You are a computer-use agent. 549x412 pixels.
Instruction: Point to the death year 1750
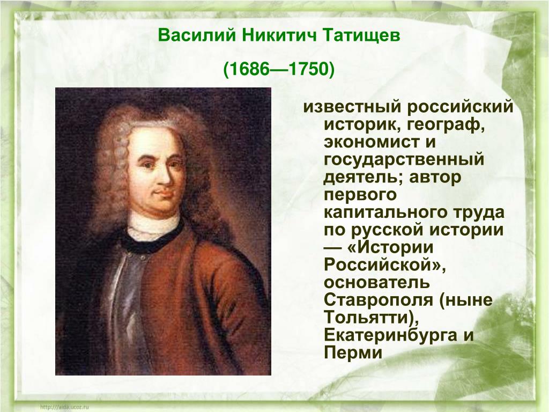point(308,69)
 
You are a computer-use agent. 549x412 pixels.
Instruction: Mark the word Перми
point(353,352)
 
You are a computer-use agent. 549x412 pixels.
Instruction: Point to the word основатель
point(377,282)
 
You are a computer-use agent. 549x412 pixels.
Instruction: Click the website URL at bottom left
point(65,407)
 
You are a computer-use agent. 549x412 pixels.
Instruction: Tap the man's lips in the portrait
point(164,193)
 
